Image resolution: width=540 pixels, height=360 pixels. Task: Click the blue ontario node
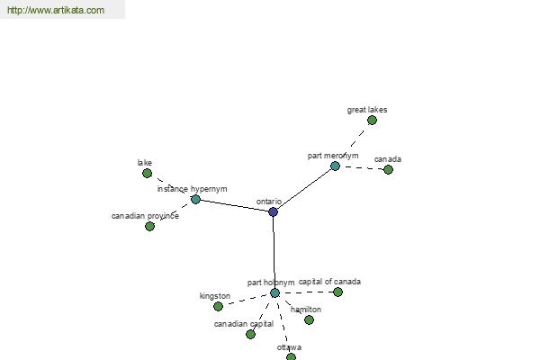(x=273, y=211)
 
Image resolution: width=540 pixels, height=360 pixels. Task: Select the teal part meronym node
(x=335, y=166)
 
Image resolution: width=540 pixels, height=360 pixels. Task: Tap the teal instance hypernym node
(x=195, y=199)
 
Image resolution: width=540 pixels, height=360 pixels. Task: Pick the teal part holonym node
(x=274, y=293)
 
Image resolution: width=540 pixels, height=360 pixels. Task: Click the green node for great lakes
(x=372, y=121)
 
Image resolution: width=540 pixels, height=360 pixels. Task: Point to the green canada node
(x=388, y=169)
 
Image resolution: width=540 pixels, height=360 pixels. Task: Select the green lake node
(x=147, y=174)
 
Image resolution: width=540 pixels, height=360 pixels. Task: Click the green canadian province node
(x=149, y=226)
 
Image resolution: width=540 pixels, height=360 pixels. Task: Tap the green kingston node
(x=218, y=306)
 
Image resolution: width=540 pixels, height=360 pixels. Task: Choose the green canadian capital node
(x=251, y=334)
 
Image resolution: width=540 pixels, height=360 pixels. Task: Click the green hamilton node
(x=310, y=320)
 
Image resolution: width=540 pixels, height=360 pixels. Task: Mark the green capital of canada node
(x=337, y=292)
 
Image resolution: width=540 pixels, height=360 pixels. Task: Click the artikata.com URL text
(x=56, y=10)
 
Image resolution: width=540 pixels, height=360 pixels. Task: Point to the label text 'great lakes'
(x=367, y=110)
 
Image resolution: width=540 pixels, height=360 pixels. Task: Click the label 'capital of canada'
(x=329, y=282)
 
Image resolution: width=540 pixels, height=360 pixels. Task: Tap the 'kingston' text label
(x=215, y=296)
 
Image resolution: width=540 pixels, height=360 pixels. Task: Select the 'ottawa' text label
(x=289, y=347)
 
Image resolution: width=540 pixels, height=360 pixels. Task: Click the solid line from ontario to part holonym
(x=274, y=253)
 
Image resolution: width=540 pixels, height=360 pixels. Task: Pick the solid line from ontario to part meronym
(x=304, y=189)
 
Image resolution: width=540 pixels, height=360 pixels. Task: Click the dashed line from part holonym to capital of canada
(x=307, y=292)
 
